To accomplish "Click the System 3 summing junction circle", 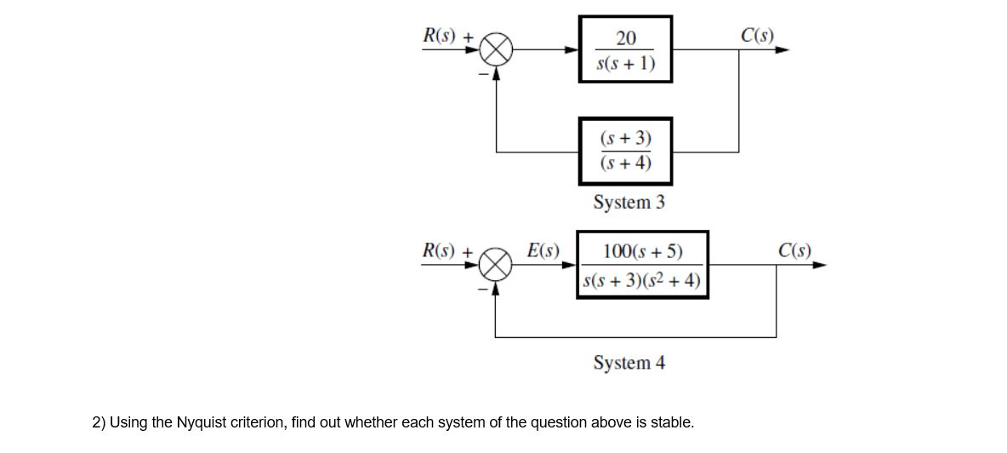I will pos(497,50).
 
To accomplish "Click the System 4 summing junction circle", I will pos(497,266).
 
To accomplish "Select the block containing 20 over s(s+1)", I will pos(625,49).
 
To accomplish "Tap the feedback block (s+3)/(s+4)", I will pos(625,151).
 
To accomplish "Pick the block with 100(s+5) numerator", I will pos(642,265).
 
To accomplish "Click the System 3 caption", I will pos(629,203).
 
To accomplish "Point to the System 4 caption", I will pos(629,363).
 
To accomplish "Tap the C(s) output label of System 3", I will pos(757,36).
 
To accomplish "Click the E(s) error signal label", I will pos(543,250).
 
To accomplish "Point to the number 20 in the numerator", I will pos(625,37).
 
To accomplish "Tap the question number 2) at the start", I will pos(98,422).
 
